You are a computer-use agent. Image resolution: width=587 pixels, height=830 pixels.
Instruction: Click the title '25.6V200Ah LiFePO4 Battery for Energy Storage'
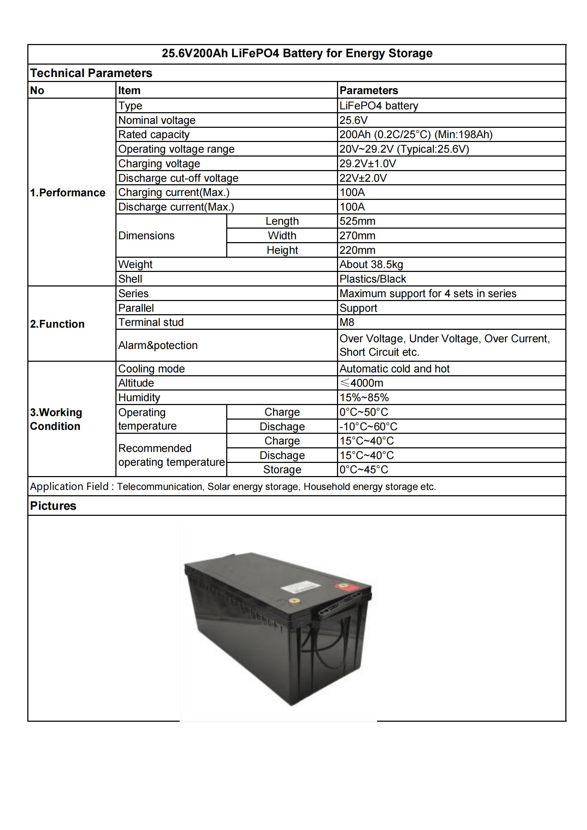(x=297, y=54)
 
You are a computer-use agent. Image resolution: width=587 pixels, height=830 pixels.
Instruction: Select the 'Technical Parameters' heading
(x=91, y=73)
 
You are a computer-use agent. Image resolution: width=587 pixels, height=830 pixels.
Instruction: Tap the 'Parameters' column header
(x=368, y=91)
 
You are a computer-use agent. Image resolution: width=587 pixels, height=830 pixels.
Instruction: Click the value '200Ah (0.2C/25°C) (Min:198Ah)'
(x=415, y=135)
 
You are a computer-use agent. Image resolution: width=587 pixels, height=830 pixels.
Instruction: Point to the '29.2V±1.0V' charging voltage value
(x=367, y=163)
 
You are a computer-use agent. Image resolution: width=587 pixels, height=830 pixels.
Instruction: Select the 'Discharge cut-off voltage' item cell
(x=178, y=178)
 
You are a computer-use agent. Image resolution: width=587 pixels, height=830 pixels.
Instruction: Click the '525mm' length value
(x=357, y=221)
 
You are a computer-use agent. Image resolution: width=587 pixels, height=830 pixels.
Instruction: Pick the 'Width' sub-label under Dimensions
(x=282, y=235)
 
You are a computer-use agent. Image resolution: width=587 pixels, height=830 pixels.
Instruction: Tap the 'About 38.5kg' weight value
(x=371, y=264)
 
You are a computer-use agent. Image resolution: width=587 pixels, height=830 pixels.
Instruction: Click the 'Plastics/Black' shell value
(x=372, y=279)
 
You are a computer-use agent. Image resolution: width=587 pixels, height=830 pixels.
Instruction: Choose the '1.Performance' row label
(x=67, y=192)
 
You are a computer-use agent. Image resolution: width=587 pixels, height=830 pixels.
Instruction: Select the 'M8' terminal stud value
(x=347, y=322)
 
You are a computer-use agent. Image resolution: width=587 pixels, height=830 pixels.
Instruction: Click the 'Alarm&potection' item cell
(x=158, y=345)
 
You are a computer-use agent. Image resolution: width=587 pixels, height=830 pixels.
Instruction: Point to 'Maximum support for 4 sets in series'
(x=428, y=293)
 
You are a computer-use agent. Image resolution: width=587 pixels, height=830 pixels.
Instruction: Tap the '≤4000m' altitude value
(x=361, y=383)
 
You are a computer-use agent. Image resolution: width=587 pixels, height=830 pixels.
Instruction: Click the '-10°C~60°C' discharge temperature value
(x=368, y=426)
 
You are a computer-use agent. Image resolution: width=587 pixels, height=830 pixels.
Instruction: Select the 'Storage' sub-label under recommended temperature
(x=282, y=469)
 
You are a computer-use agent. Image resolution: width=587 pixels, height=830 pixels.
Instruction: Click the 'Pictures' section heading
(x=53, y=506)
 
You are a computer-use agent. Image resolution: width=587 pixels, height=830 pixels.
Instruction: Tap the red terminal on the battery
(x=341, y=586)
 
